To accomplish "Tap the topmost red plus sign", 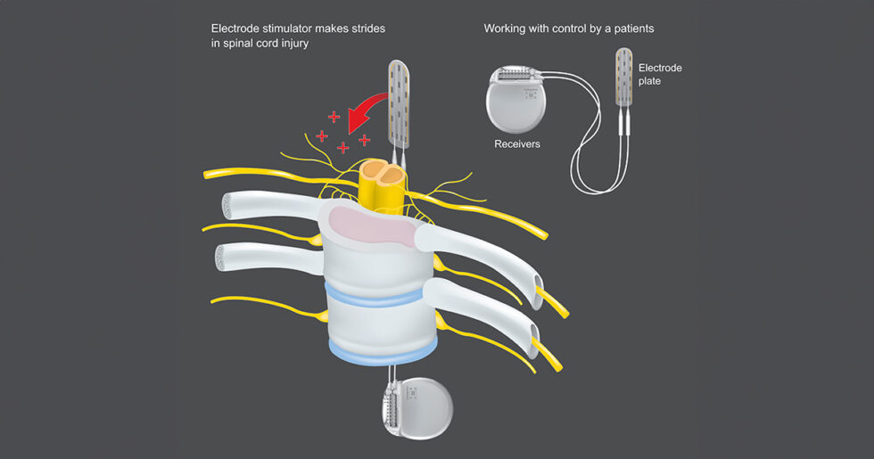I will tap(334, 117).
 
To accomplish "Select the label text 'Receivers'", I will tap(517, 143).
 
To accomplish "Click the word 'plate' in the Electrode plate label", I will tap(649, 82).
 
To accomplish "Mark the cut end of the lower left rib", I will tap(227, 258).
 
